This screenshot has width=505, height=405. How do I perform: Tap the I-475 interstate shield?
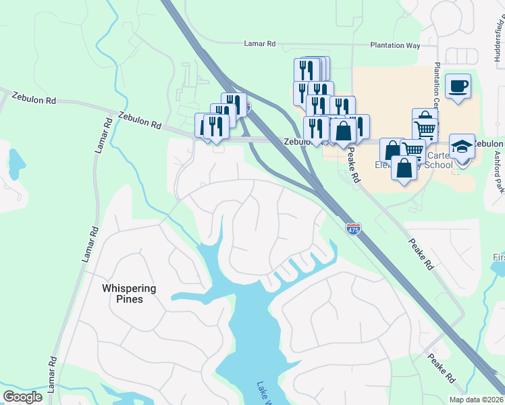(x=353, y=230)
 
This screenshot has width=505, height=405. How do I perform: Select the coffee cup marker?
(x=458, y=86)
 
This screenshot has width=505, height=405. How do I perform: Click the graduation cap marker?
(x=462, y=145)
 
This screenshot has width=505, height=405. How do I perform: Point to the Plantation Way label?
(x=395, y=45)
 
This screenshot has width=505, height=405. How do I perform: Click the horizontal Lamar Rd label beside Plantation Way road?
(x=260, y=44)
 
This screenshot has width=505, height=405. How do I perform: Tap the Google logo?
(x=23, y=397)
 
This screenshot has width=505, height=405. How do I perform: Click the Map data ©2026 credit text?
(x=477, y=400)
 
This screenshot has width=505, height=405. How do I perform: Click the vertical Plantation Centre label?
(x=437, y=88)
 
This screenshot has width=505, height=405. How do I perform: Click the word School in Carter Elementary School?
(x=440, y=165)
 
